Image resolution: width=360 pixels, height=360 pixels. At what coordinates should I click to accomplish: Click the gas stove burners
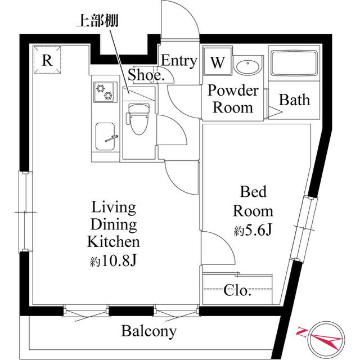[105, 92]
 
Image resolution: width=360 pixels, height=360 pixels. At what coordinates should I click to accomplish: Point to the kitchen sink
[105, 136]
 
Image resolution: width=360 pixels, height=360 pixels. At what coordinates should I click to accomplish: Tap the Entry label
[179, 61]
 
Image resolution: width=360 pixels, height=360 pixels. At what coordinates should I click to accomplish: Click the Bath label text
[294, 100]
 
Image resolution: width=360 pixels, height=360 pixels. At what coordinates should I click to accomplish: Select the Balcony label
[149, 331]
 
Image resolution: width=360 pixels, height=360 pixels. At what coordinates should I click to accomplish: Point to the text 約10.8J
[114, 262]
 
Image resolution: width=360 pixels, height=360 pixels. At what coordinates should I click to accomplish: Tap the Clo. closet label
[237, 291]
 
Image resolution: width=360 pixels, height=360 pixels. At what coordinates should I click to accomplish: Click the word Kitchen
[114, 242]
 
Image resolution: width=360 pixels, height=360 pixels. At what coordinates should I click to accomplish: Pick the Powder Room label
[233, 99]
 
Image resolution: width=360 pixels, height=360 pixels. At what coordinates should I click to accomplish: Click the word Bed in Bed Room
[253, 192]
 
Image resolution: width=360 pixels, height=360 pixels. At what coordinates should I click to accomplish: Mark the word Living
[114, 208]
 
